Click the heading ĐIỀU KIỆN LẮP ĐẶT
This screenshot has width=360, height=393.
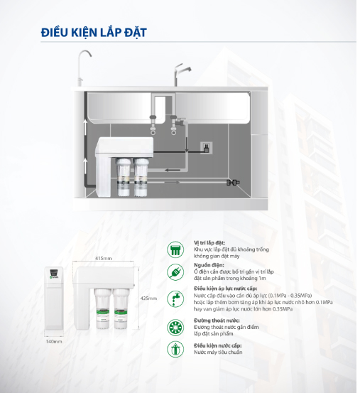[94, 33]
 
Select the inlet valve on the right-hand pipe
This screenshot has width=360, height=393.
[231, 183]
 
